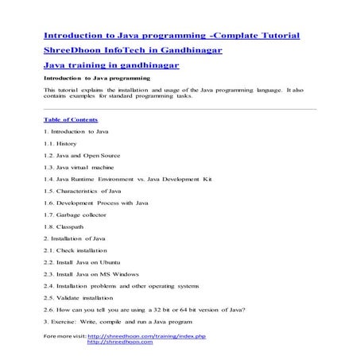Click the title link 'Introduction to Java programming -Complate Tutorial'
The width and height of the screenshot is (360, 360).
point(171,36)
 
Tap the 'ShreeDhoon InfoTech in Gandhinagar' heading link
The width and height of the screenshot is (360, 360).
point(132,50)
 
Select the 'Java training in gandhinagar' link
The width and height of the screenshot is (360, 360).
point(110,64)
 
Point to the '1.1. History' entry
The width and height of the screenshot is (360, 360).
point(61,143)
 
